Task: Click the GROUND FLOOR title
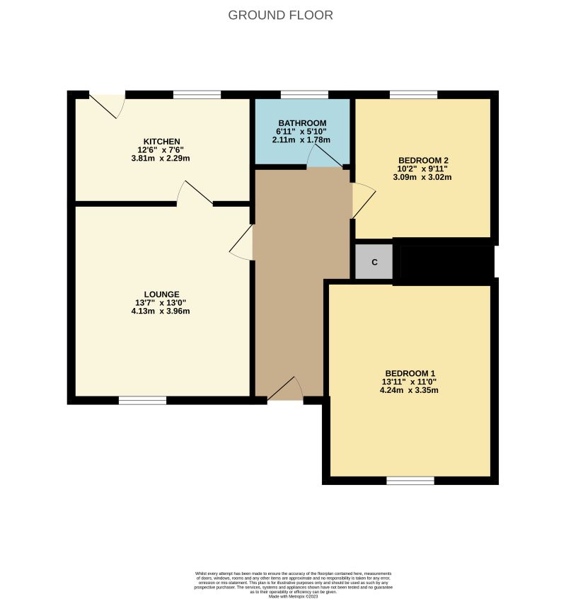(x=281, y=15)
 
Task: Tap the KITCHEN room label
(x=161, y=141)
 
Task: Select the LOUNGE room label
(x=161, y=294)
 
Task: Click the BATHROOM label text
(x=302, y=122)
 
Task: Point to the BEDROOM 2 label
(x=423, y=160)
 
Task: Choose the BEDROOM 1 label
(x=410, y=373)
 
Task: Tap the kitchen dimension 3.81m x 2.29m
(x=161, y=158)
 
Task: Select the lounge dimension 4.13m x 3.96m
(x=161, y=311)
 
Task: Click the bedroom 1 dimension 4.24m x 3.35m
(x=410, y=390)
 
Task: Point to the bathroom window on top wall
(x=304, y=94)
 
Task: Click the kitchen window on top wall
(x=197, y=94)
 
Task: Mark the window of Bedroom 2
(x=413, y=94)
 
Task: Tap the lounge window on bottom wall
(x=142, y=401)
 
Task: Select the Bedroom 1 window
(x=410, y=481)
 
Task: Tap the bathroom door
(x=325, y=160)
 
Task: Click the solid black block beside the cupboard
(x=444, y=261)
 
